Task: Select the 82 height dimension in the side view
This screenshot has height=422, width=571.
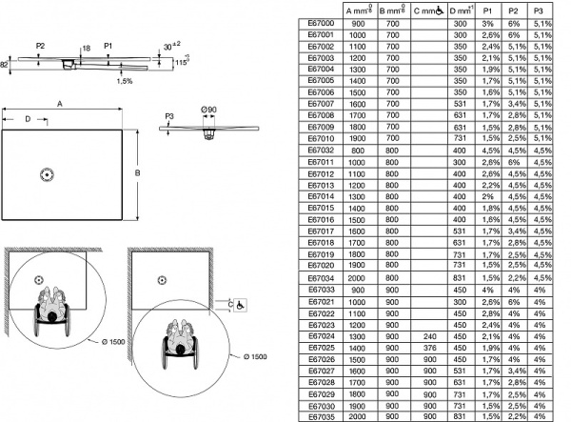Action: click(x=5, y=64)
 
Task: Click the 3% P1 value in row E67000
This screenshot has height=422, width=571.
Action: click(x=488, y=22)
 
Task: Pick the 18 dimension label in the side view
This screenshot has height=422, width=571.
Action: click(x=86, y=47)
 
